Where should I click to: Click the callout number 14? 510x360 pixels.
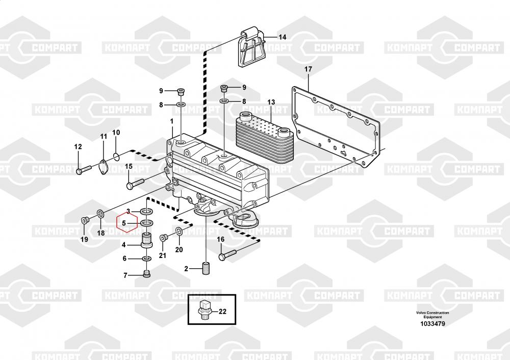pos(282,37)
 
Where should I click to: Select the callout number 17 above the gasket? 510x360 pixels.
pos(308,69)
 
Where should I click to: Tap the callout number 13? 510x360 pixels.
pos(271,102)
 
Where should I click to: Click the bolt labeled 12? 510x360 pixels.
pos(84,169)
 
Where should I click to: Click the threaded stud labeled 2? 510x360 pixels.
pos(207,268)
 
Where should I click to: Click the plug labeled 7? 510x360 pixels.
pos(146,275)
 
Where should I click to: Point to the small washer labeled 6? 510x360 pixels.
pos(146,259)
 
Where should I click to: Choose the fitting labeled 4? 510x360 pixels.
pos(147,240)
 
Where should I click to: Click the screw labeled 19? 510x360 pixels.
pos(85,220)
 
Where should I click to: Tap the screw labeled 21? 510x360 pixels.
pos(163,238)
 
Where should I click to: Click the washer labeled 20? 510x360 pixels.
pos(179,233)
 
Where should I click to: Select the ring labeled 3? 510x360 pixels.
pos(146,211)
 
